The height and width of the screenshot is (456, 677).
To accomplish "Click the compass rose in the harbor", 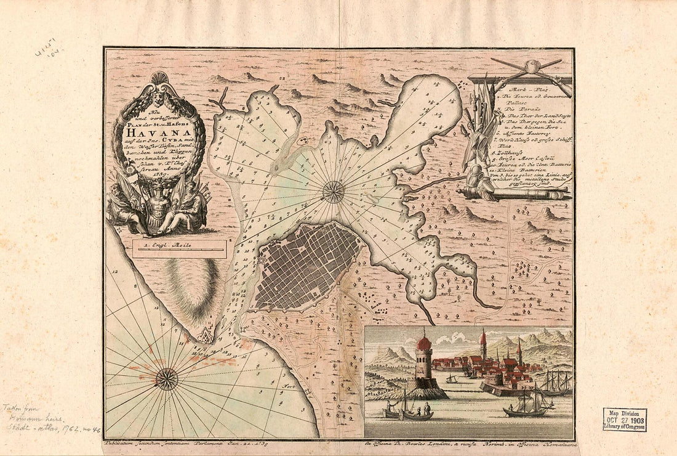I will (333, 192).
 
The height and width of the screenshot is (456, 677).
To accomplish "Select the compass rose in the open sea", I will (167, 378).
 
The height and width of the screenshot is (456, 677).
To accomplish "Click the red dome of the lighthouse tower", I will (423, 343).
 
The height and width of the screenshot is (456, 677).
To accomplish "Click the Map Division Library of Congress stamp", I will (624, 419).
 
